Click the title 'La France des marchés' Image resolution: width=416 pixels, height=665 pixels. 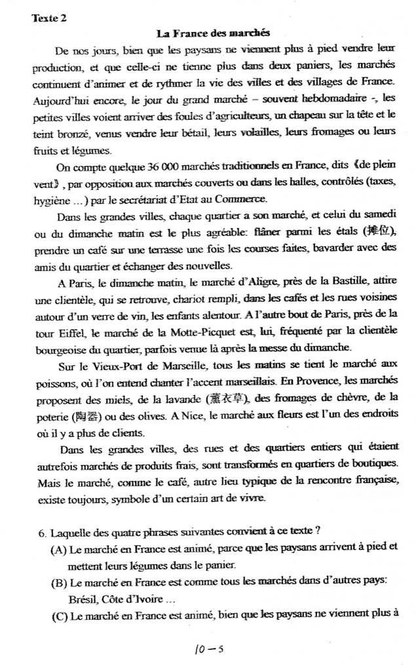click(214, 33)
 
